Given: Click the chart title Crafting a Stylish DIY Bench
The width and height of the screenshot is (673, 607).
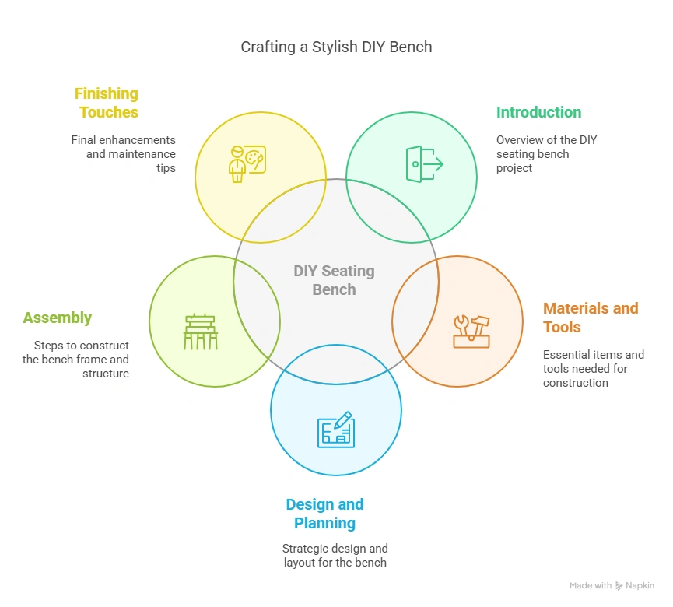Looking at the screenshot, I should coord(336,47).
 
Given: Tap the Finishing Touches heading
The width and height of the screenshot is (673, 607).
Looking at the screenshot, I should coord(107,103).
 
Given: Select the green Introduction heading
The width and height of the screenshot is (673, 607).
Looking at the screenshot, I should coord(538,112).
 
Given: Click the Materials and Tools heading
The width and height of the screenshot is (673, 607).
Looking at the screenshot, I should coord(590,317).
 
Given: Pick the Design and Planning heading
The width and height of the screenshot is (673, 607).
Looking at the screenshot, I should coord(324,514).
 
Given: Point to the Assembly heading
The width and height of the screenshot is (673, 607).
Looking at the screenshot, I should coord(57,318).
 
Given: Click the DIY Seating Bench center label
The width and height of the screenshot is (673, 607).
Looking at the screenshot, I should coord(334,280).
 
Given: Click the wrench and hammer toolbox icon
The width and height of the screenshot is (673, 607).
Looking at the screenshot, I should coord(471,331).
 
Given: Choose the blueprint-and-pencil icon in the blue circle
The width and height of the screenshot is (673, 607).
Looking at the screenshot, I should coord(336,430).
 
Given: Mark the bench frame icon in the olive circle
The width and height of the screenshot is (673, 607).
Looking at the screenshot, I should coord(201,332).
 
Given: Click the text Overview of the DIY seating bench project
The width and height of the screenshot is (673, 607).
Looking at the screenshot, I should coord(546,154).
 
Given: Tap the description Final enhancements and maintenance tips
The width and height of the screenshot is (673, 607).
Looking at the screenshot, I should coord(124,154).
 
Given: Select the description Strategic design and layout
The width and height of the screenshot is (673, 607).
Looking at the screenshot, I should coord(335,556).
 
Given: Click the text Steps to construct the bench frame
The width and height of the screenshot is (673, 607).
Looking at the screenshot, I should coord(75,360).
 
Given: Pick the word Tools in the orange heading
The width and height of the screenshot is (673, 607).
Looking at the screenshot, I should coord(562,327).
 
